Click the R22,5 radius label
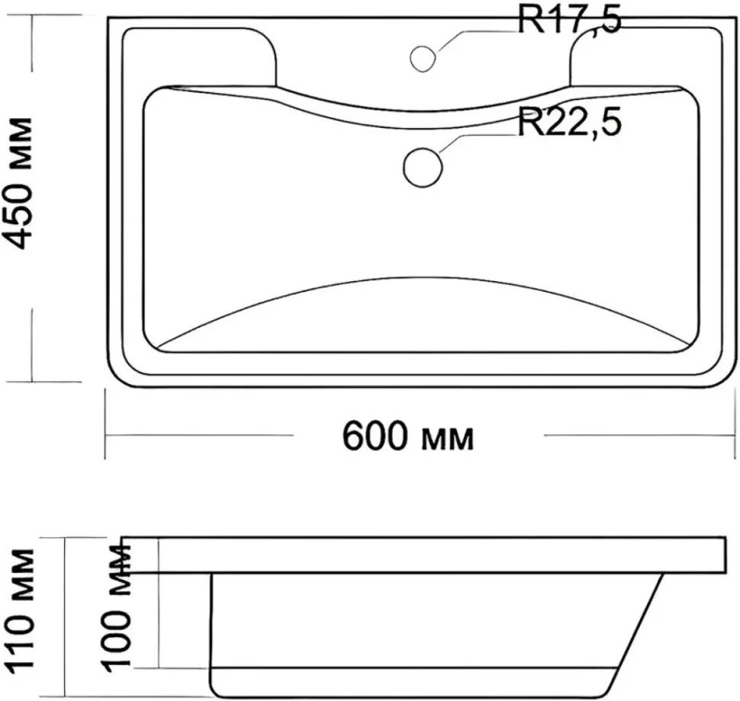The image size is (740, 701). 570,122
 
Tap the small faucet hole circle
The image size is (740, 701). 423,59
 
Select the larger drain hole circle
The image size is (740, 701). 423,168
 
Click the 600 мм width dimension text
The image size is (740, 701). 407,437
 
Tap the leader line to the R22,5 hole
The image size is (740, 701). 478,142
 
